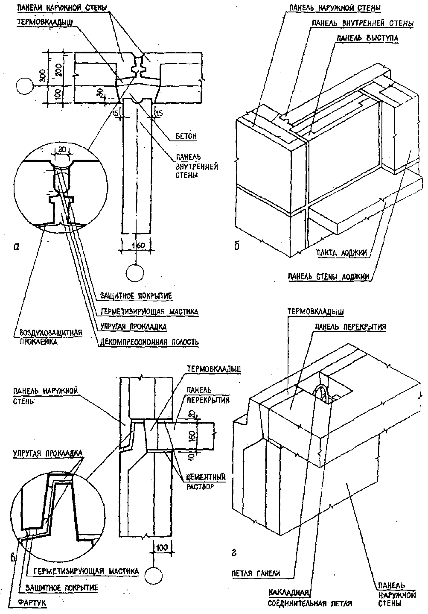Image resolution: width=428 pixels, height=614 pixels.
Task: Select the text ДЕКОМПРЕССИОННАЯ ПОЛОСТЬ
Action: coord(149,342)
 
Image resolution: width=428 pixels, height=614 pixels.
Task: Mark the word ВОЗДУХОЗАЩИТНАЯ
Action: coord(47,333)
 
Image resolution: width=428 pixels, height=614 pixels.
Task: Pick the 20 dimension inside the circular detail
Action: coord(61,149)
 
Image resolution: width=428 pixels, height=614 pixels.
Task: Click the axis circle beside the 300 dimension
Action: coord(25,87)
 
